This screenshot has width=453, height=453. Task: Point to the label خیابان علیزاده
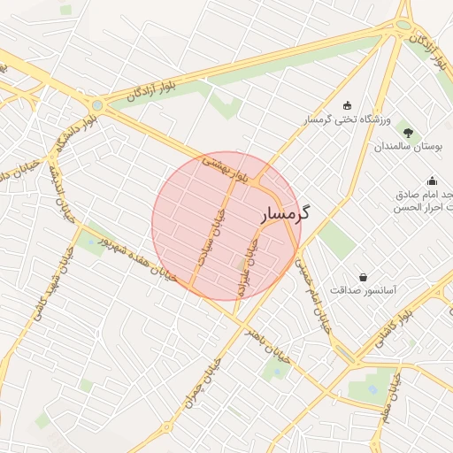[248, 263]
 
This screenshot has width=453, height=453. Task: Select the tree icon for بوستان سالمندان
[408, 130]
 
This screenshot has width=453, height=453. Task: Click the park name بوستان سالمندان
[408, 145]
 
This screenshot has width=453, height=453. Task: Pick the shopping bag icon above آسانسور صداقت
[363, 277]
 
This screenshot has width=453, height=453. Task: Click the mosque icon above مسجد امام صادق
[432, 180]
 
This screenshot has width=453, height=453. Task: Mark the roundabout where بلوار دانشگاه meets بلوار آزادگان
[97, 105]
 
